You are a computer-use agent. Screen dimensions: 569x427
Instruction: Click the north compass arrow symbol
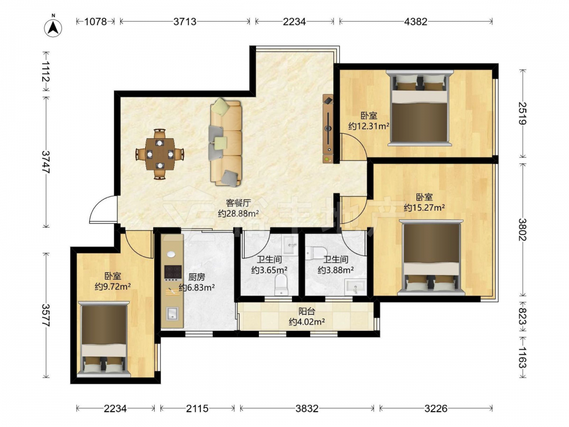pos(53,27)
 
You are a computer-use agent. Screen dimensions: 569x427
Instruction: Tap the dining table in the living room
pos(160,154)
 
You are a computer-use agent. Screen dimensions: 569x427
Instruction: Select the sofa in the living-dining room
pos(225,142)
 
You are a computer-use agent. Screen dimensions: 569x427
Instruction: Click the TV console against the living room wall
pos(328,129)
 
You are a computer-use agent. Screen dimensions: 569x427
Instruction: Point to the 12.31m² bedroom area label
pos(369,121)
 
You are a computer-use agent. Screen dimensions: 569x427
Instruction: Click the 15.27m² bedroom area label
pos(424,203)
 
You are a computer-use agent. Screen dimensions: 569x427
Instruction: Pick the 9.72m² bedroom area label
pos(113,282)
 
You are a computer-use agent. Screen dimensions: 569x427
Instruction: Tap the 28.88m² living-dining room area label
pos(238,208)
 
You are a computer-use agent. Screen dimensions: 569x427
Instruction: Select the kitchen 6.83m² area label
pos(197,282)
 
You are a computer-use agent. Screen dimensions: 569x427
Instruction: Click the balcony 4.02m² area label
pos(307,317)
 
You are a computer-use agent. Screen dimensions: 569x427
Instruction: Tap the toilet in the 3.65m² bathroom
pos(281,285)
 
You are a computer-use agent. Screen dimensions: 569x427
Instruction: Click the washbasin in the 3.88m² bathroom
pos(354,286)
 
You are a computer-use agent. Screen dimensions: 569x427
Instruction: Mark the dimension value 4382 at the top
pos(416,22)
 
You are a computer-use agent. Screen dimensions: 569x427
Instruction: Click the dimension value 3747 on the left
pos(46,162)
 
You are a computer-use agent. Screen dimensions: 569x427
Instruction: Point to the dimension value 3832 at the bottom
pos(307,409)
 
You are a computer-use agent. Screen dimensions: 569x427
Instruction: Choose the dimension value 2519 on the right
pos(522,113)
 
